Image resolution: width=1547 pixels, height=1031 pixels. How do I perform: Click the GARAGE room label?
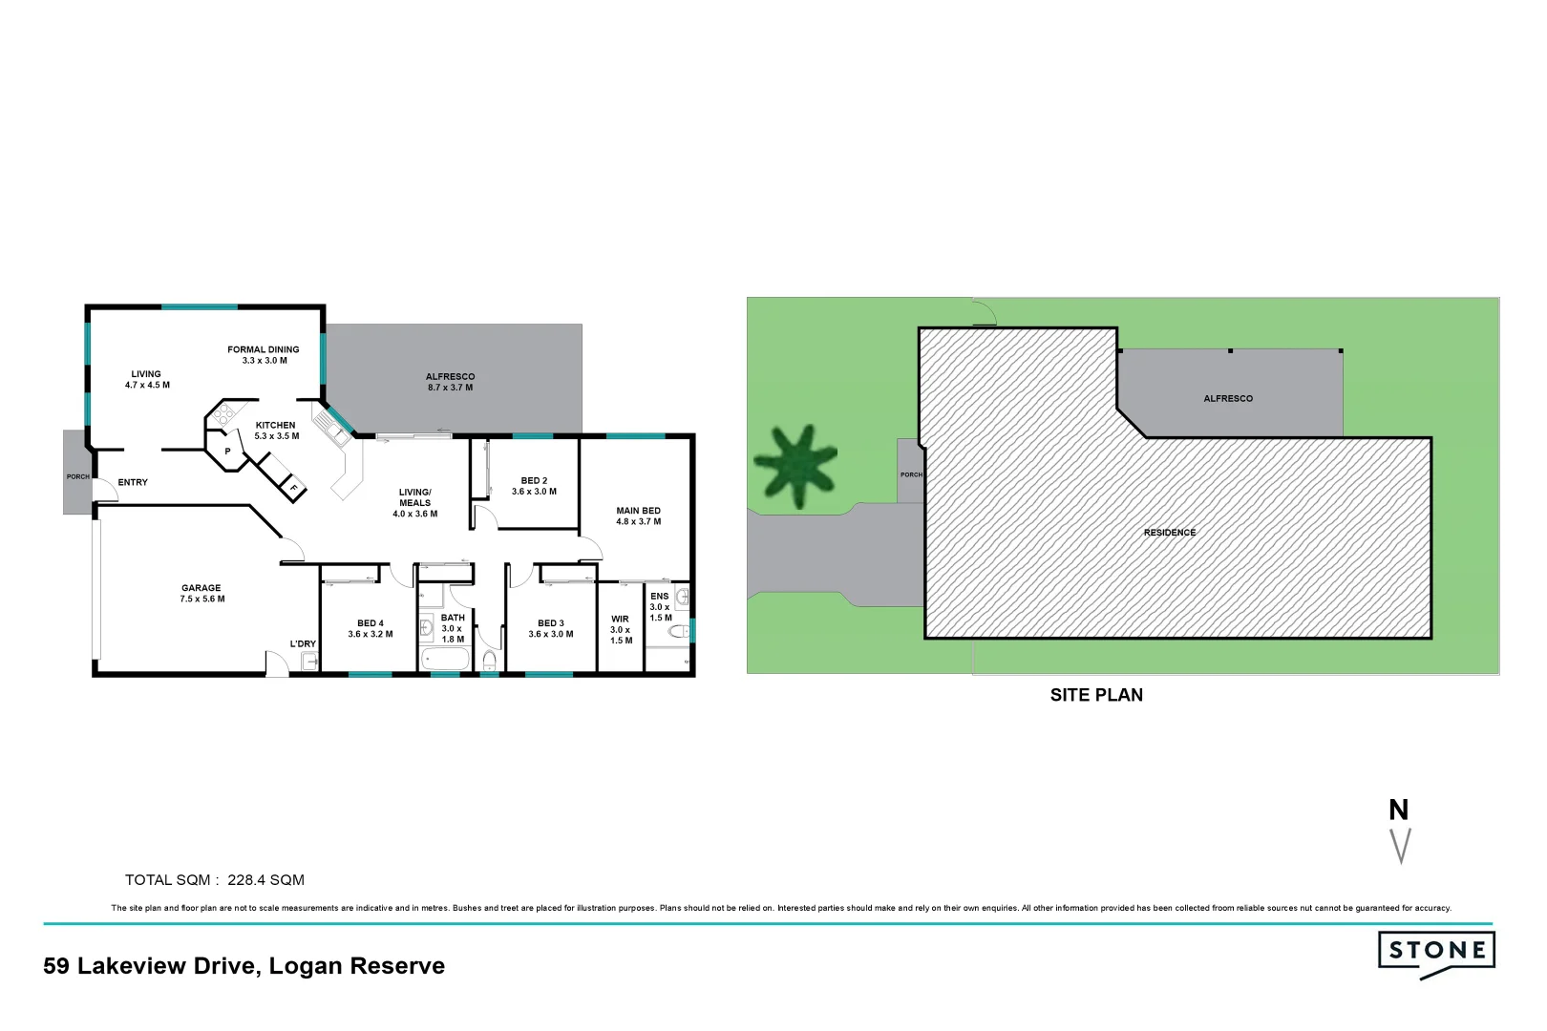click(201, 588)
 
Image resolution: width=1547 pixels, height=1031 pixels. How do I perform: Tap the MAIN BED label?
click(638, 511)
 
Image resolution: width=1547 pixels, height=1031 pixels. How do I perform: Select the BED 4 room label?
click(370, 623)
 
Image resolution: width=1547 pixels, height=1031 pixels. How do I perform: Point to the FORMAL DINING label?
click(263, 349)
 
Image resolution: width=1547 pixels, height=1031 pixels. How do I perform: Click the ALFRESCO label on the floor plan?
click(450, 377)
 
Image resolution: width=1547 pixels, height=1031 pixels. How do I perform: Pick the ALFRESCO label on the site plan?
click(1227, 398)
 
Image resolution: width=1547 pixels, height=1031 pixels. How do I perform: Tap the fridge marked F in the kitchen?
click(293, 489)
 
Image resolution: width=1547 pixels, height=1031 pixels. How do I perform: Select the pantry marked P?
click(227, 451)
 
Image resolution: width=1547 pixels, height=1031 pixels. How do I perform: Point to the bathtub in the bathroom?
click(444, 660)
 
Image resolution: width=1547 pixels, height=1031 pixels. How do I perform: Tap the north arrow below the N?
click(1400, 846)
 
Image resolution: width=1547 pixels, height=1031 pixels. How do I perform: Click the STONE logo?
click(1436, 952)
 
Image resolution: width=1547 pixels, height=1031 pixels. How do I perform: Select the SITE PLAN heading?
click(1096, 695)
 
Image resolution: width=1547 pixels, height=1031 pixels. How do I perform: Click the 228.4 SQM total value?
click(265, 880)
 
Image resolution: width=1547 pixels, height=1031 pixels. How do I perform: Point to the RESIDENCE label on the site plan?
click(1169, 533)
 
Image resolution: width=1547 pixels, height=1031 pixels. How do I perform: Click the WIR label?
click(620, 619)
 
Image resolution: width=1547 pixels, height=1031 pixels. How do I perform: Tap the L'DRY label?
click(303, 643)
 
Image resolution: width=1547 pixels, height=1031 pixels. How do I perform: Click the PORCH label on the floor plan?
click(77, 476)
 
